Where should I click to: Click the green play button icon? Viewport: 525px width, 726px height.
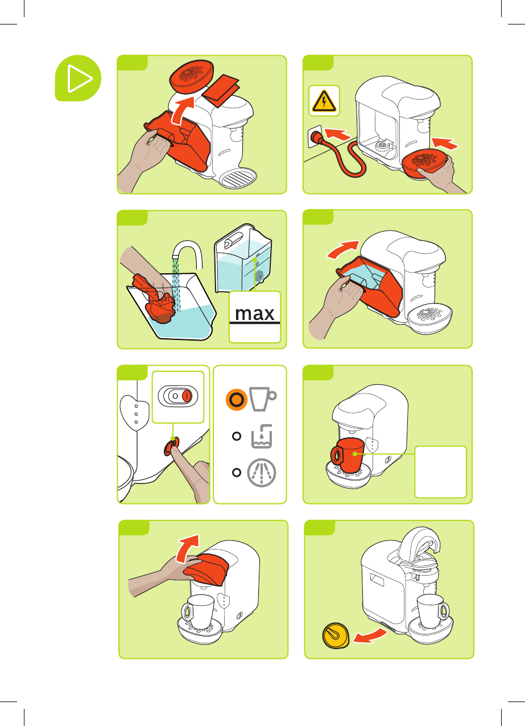[x=78, y=78]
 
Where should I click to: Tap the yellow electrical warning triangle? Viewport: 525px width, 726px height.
[x=324, y=101]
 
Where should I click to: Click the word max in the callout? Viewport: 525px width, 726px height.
[x=254, y=313]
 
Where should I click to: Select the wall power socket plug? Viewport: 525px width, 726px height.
[x=315, y=137]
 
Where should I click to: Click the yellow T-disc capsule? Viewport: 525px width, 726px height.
[x=336, y=635]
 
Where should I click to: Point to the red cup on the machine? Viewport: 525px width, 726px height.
[x=348, y=455]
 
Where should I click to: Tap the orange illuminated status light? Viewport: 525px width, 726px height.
[x=236, y=399]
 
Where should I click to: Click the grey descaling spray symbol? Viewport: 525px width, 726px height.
[x=262, y=473]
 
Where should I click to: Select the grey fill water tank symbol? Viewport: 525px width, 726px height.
[x=262, y=436]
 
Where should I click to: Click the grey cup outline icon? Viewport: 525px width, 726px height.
[x=262, y=399]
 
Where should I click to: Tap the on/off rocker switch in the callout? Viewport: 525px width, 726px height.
[x=177, y=396]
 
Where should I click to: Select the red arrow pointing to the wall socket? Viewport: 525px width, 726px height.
[x=337, y=134]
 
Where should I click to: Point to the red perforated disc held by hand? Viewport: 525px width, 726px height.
[x=425, y=162]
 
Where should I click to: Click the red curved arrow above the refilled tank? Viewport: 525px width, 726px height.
[x=344, y=249]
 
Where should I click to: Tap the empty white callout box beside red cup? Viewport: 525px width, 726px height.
[x=440, y=472]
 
